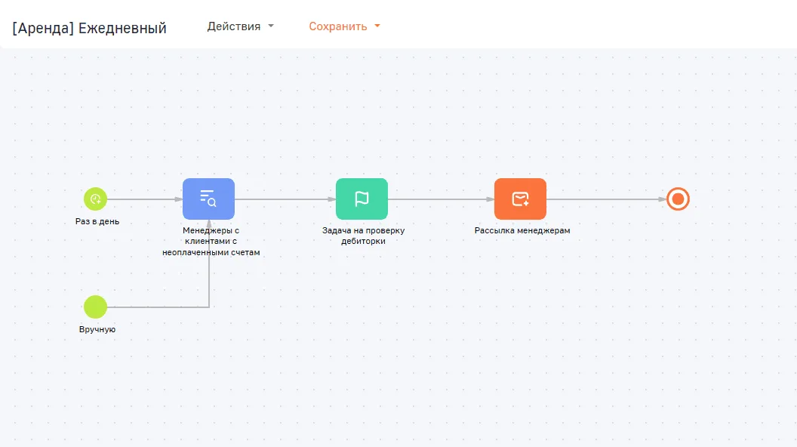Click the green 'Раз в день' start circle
click(x=96, y=199)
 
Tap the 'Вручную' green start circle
click(x=96, y=307)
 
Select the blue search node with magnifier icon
click(x=208, y=199)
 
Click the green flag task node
click(x=362, y=199)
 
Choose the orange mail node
click(x=520, y=199)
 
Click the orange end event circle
click(x=678, y=199)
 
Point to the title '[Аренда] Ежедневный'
click(x=90, y=28)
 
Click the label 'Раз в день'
click(x=97, y=221)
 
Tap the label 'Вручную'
click(x=97, y=329)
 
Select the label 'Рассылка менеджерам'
click(x=522, y=230)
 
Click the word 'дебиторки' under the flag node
click(x=363, y=241)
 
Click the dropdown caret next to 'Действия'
click(x=271, y=26)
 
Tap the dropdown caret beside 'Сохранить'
click(x=377, y=26)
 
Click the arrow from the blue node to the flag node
click(x=285, y=199)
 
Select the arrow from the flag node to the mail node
click(x=441, y=199)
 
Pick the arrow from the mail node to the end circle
click(x=606, y=199)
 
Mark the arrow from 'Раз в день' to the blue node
click(x=145, y=199)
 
